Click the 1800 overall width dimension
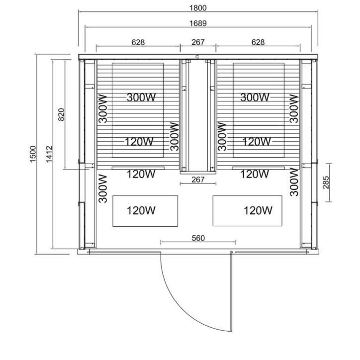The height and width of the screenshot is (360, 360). [198, 8]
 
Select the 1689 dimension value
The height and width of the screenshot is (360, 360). [198, 23]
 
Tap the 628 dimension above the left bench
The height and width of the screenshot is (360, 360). [138, 42]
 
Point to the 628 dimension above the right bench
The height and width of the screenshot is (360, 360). [258, 42]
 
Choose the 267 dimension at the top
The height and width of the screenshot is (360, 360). [198, 42]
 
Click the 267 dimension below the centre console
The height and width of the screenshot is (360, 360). [198, 180]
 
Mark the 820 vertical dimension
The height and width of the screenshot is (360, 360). [61, 114]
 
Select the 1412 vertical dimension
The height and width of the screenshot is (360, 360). [49, 154]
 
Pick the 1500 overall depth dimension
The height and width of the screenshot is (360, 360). [33, 154]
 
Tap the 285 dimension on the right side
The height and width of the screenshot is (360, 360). [326, 182]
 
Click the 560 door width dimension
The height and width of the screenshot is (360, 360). [198, 238]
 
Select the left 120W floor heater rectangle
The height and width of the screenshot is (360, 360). [145, 211]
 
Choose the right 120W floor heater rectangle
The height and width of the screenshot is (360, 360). [248, 211]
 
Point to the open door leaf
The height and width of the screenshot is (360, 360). [231, 291]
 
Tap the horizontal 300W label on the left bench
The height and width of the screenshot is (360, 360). [141, 97]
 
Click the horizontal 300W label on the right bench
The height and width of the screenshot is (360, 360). [255, 97]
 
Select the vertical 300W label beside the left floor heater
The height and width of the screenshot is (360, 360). [103, 189]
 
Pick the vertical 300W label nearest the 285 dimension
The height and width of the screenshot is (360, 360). [294, 182]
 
